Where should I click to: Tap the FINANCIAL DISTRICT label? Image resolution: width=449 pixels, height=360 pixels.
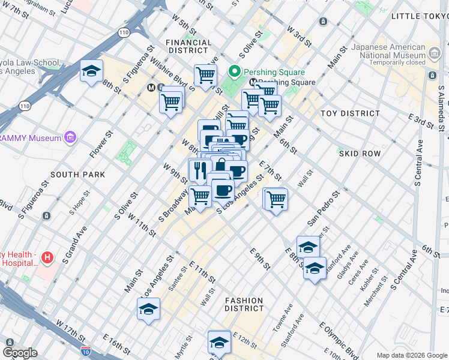[x=188, y=47]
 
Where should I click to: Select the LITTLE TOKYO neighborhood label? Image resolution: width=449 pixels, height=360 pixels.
[x=419, y=16]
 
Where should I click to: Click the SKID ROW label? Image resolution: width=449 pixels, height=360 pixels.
[x=360, y=154]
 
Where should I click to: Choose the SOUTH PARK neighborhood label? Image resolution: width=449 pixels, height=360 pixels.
[x=78, y=175]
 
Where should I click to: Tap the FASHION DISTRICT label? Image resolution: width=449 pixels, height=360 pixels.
[x=244, y=304]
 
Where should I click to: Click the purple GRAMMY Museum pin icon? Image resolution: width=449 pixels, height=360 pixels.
[x=71, y=138]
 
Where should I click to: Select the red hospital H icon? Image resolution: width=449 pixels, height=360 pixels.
[x=48, y=258]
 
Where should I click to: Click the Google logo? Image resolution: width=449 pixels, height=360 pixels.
[x=20, y=353]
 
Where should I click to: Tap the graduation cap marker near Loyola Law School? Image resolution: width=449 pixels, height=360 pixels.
[x=91, y=71]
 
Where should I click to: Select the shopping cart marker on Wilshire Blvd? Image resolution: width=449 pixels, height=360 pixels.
[x=171, y=102]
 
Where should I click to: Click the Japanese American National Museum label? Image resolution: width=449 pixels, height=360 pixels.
[x=391, y=51]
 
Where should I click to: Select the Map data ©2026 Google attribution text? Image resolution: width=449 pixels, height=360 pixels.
[x=412, y=355]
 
